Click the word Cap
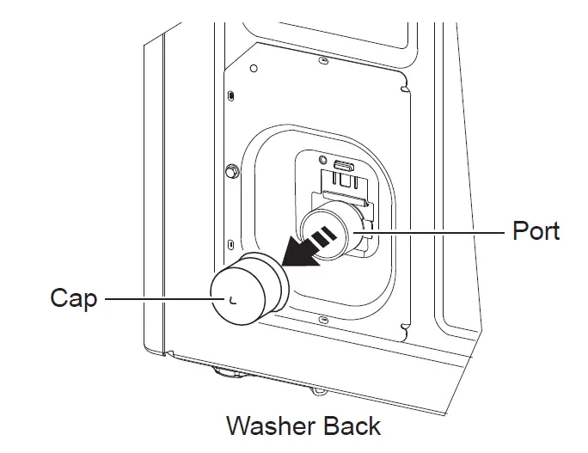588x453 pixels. click(73, 298)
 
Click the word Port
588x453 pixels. click(536, 230)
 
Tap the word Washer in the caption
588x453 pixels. click(271, 425)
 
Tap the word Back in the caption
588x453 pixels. click(352, 425)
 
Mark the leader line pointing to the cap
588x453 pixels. click(155, 298)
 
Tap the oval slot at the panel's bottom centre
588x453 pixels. click(321, 320)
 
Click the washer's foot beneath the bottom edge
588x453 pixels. click(225, 372)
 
